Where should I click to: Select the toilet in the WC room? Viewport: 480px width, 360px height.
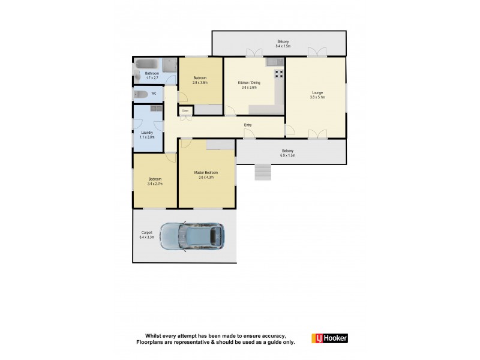(141, 94)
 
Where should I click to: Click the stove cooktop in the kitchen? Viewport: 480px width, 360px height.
(279, 74)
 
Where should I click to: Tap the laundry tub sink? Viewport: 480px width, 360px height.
(156, 108)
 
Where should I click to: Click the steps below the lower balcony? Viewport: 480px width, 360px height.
(263, 172)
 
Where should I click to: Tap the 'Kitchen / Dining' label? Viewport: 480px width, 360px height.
(248, 83)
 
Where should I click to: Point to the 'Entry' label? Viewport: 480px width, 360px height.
(248, 125)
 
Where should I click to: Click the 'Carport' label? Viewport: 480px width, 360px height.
(147, 233)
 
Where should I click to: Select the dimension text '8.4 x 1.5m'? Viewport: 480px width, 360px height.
(283, 46)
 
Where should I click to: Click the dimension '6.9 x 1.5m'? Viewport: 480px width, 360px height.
(288, 155)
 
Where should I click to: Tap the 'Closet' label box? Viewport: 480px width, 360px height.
(185, 110)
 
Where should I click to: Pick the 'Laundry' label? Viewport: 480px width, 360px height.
(147, 133)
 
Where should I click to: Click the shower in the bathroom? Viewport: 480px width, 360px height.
(170, 65)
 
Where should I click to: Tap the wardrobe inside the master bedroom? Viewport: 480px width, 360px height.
(220, 144)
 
